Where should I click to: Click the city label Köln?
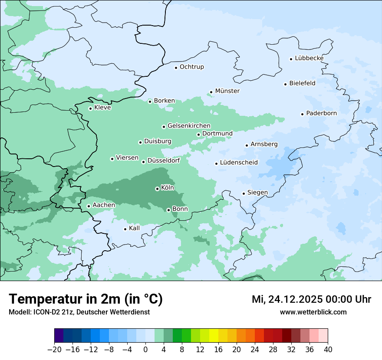168,188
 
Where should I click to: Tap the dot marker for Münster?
211,92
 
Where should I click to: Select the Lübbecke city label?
309,58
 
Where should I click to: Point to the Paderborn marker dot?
302,114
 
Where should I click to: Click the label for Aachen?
104,205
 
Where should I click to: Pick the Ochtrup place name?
191,67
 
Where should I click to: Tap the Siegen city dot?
244,193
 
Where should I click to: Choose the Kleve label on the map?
102,108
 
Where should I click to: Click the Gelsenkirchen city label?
189,126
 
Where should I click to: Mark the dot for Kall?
125,229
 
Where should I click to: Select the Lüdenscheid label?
239,163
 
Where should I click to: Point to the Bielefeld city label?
302,83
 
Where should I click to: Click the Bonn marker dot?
168,210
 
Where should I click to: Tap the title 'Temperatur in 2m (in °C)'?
86,299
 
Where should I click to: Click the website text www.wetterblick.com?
313,312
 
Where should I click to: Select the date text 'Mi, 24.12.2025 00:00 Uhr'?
311,299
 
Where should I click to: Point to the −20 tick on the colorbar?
54,350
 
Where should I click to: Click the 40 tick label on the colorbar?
328,350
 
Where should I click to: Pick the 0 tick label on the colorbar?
145,350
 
